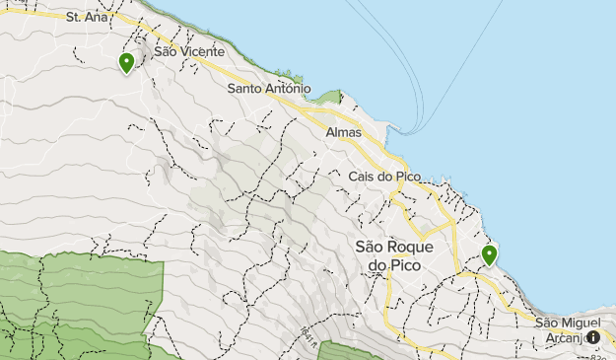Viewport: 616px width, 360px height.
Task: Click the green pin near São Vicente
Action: tap(127, 63)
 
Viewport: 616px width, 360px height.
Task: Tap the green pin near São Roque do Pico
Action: tap(489, 255)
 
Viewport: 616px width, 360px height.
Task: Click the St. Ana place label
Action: tap(86, 18)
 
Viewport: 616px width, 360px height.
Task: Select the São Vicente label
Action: tap(189, 51)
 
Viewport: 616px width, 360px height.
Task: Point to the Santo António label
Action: tap(269, 89)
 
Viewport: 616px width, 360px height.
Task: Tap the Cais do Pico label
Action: tap(385, 177)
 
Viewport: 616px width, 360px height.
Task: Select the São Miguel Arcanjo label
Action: tap(573, 329)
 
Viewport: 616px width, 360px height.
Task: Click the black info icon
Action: tap(593, 337)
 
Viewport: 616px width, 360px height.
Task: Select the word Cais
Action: tap(363, 177)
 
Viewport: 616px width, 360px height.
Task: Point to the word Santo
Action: tap(246, 89)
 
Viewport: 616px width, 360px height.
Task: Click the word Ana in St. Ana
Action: tap(97, 18)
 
